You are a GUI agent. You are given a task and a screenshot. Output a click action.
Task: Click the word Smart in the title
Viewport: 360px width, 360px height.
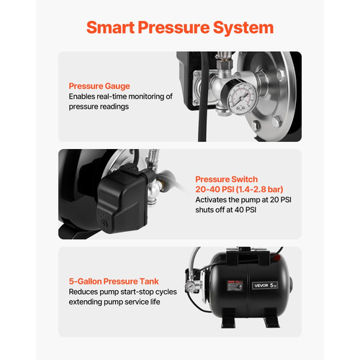[x=110, y=27]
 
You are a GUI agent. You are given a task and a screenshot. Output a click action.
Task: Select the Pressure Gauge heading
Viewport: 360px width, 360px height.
[x=99, y=86]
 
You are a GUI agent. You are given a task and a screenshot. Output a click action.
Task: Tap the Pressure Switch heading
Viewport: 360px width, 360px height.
[x=227, y=179]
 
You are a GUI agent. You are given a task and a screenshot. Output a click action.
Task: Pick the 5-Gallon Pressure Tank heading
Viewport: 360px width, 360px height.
[x=114, y=282]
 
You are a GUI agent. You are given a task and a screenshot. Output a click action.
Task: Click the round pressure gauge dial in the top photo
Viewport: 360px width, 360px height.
[x=242, y=98]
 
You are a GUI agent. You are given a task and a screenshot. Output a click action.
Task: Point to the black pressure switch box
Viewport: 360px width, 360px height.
[x=122, y=201]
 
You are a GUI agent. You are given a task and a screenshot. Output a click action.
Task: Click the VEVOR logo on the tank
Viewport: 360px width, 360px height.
[x=261, y=285]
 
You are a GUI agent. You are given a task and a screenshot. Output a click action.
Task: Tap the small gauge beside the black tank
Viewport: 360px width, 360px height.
[x=190, y=286]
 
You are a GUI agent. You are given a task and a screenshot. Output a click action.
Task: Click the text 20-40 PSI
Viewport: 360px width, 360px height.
[x=215, y=189]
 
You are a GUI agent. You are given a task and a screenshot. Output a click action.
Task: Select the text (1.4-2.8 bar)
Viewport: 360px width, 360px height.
[x=260, y=189]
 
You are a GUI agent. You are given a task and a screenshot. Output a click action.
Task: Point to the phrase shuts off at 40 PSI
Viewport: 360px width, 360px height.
[x=226, y=210]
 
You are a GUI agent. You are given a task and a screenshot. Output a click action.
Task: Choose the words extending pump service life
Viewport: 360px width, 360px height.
[x=114, y=302]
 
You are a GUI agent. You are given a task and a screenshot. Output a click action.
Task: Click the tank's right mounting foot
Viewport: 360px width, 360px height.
[x=271, y=318]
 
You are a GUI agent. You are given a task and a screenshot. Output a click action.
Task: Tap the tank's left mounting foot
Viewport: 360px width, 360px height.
[x=229, y=318]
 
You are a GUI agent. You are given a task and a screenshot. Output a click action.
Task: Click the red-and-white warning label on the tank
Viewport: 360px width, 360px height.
[x=235, y=286]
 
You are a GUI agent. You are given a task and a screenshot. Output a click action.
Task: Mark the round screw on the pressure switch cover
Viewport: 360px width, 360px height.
[x=104, y=222]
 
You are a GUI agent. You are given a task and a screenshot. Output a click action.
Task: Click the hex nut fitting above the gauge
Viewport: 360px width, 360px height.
[x=224, y=63]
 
